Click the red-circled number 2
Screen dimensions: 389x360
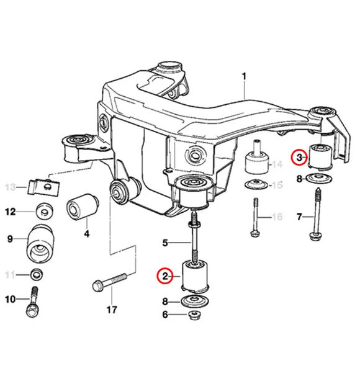click(164, 275)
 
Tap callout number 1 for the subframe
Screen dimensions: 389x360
click(244, 76)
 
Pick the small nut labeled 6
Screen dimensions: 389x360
click(194, 316)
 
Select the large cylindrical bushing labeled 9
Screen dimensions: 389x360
click(41, 244)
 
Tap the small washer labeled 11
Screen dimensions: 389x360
click(37, 274)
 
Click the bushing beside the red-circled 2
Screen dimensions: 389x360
click(195, 275)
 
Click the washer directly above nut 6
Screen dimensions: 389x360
click(194, 302)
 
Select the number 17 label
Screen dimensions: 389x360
click(111, 308)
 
